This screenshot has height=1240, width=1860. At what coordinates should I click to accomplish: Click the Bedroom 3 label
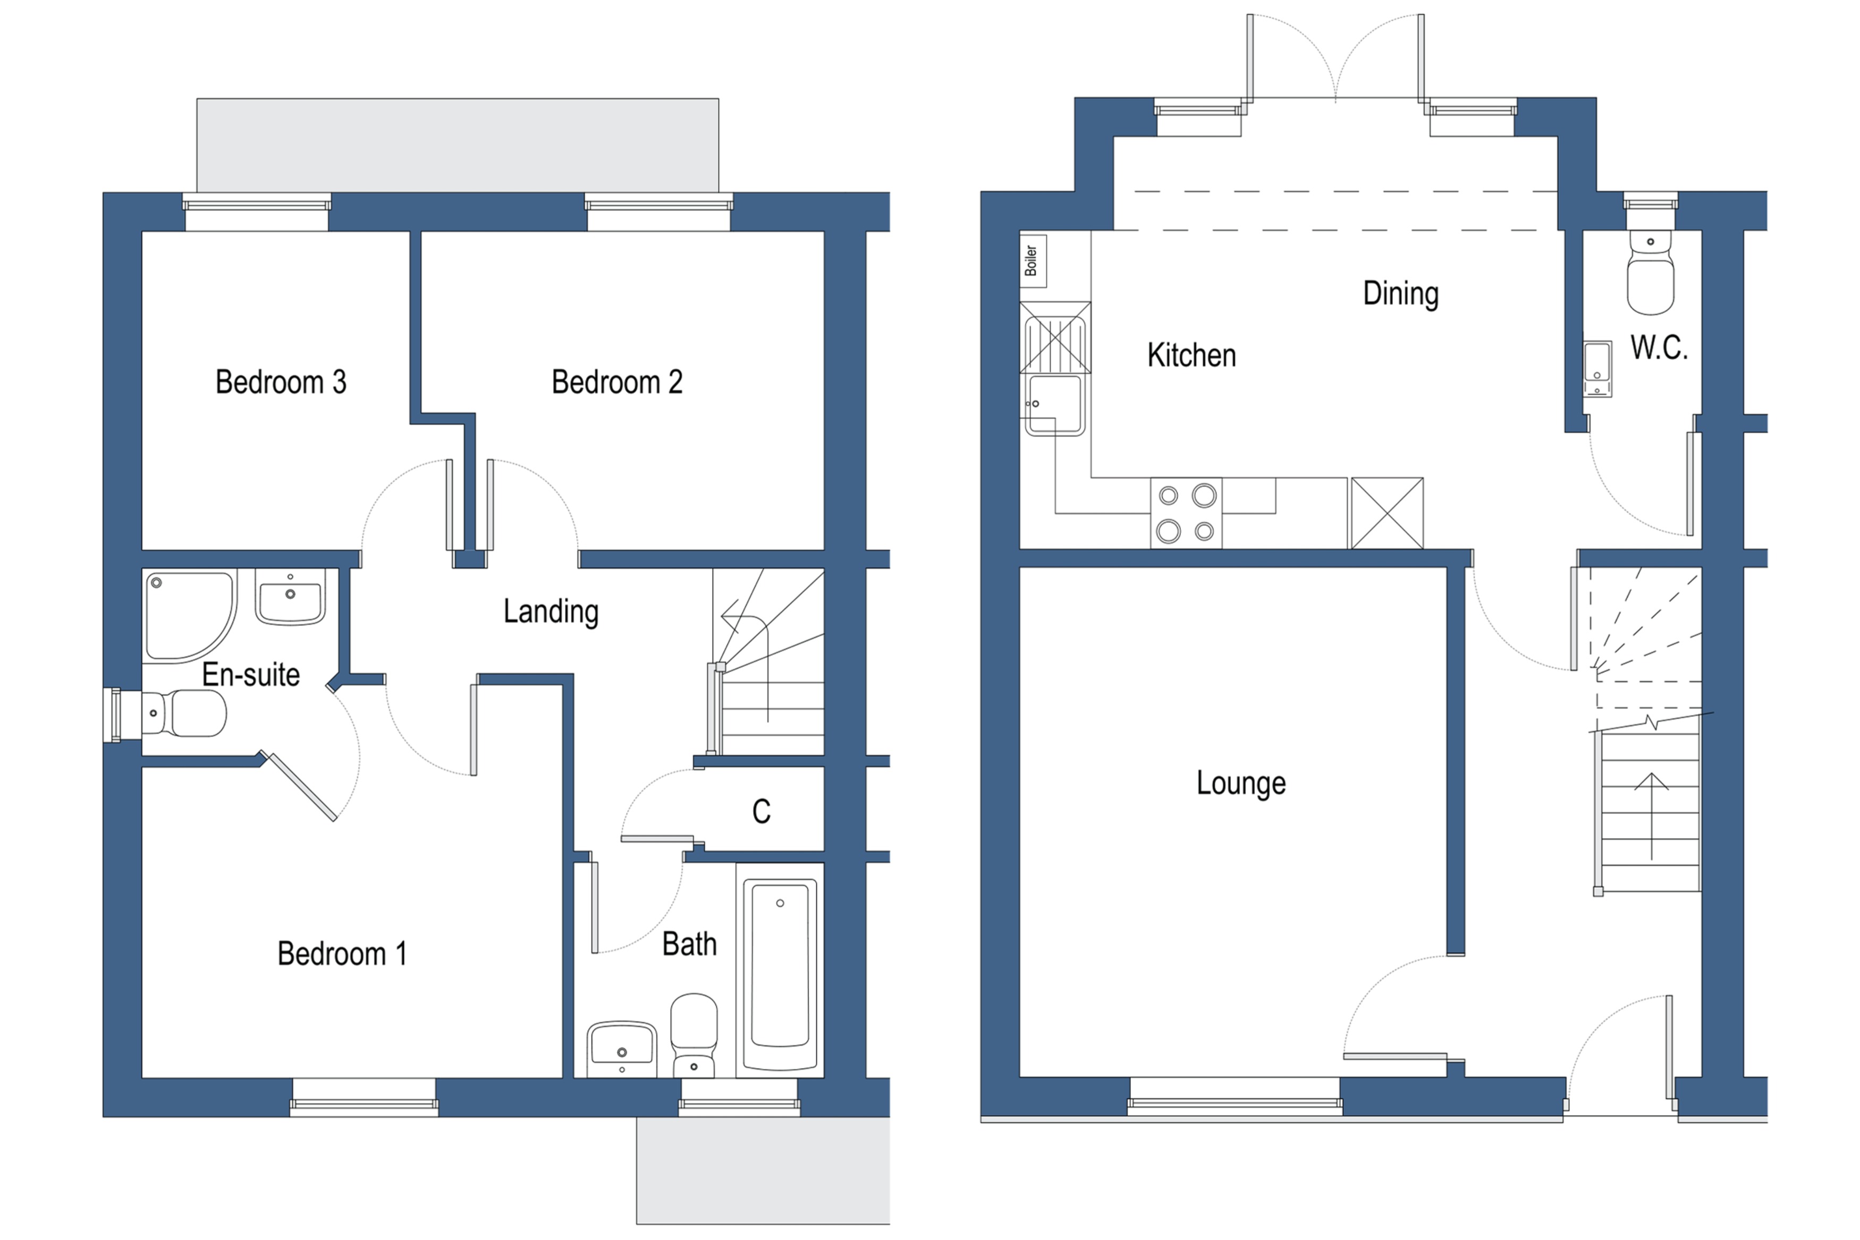click(x=281, y=382)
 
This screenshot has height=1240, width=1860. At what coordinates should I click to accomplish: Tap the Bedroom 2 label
click(x=617, y=382)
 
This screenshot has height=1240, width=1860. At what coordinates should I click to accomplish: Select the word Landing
click(x=551, y=611)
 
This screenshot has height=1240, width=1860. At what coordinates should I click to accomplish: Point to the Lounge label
click(x=1241, y=783)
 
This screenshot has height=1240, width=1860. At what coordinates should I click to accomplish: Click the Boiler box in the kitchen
click(x=1032, y=260)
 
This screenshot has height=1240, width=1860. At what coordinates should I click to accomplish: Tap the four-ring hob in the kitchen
click(x=1186, y=513)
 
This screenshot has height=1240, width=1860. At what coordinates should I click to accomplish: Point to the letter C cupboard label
click(x=761, y=811)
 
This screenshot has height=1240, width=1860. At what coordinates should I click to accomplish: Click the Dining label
click(x=1400, y=293)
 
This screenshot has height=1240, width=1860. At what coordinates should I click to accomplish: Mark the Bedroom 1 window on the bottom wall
click(x=364, y=1098)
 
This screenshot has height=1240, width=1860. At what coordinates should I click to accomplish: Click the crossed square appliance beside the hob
click(x=1387, y=513)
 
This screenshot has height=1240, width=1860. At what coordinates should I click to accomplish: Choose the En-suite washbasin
click(x=290, y=599)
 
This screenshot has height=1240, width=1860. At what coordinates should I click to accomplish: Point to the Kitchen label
click(x=1191, y=355)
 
